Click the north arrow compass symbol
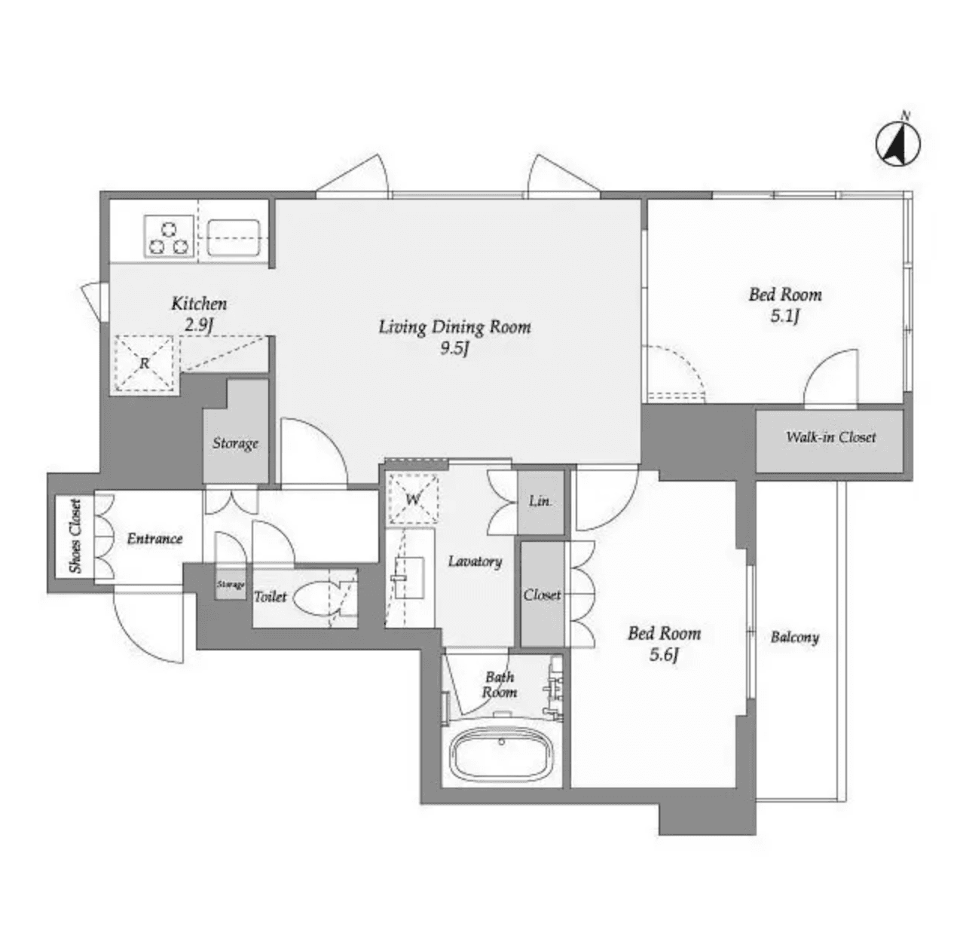899,141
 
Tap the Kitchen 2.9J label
199,313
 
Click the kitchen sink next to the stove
234,236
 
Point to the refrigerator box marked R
144,364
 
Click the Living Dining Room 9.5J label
454,337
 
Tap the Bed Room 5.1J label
784,304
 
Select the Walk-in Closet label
830,437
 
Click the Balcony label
794,638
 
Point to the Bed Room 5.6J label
664,643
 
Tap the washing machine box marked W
413,499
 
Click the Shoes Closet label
75,536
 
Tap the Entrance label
154,539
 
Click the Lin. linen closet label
540,501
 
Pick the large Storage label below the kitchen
235,443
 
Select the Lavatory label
475,561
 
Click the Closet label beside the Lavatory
542,595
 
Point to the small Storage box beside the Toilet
231,586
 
